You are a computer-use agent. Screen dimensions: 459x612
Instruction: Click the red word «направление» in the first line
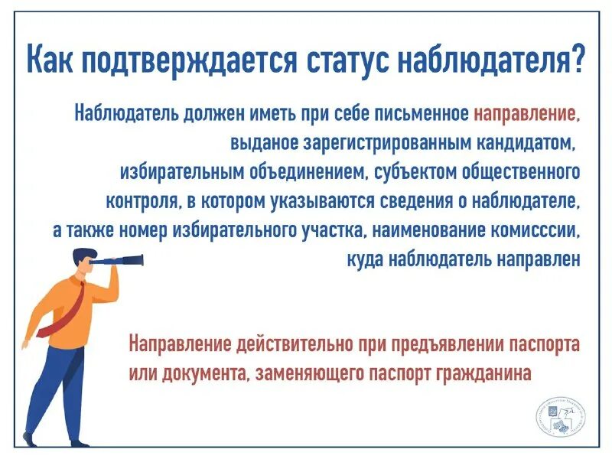tap(526, 115)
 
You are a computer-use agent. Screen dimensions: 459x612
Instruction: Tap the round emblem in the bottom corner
tap(558, 418)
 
